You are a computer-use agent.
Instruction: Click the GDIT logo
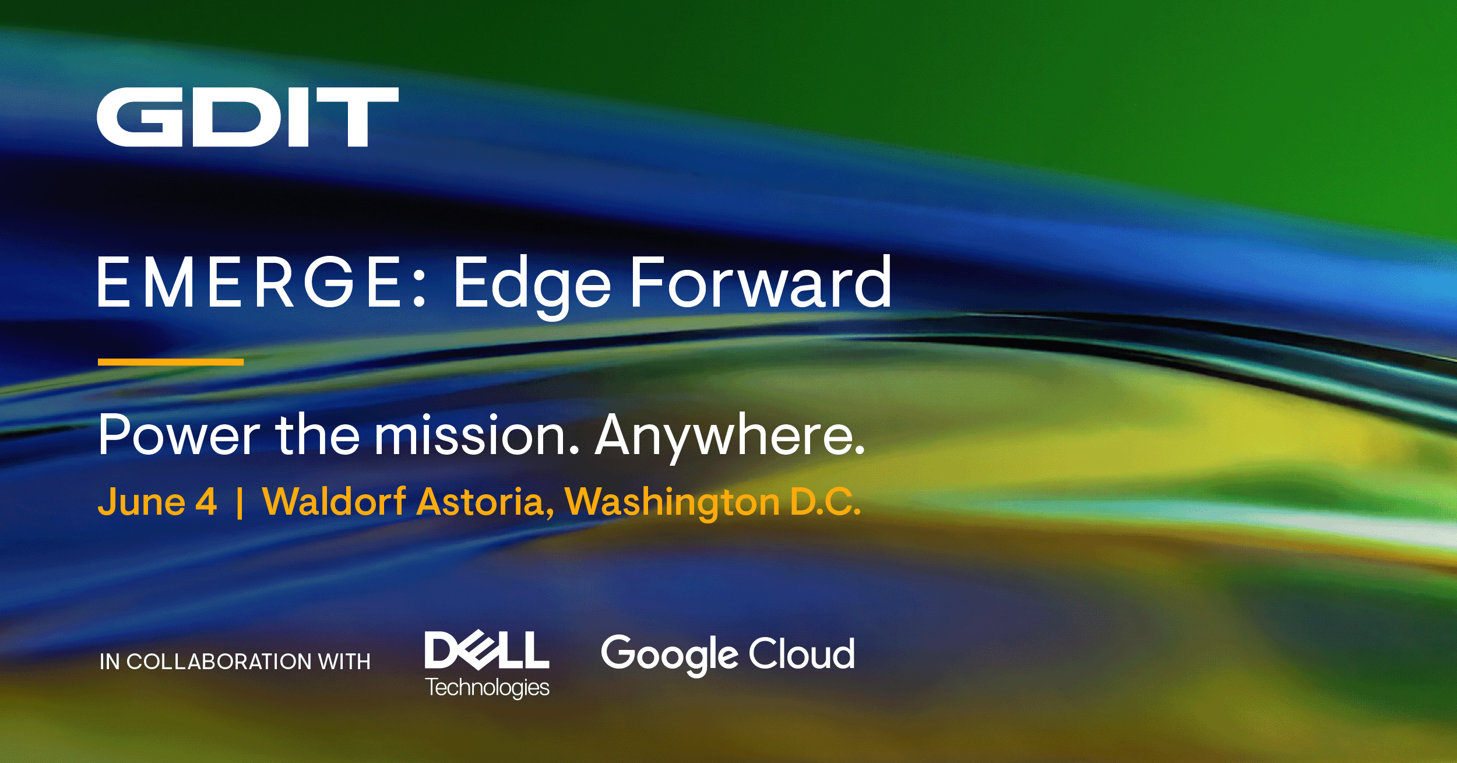(x=247, y=117)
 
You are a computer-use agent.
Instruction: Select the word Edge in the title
(x=532, y=284)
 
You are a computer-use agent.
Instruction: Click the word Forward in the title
(x=761, y=283)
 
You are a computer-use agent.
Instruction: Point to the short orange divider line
(x=170, y=362)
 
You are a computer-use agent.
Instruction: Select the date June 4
(x=157, y=502)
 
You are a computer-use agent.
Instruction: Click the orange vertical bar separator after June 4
(x=240, y=504)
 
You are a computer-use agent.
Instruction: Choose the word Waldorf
(x=334, y=502)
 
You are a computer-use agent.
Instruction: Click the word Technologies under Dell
(x=487, y=688)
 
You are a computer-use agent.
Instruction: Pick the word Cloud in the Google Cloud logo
(x=801, y=653)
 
